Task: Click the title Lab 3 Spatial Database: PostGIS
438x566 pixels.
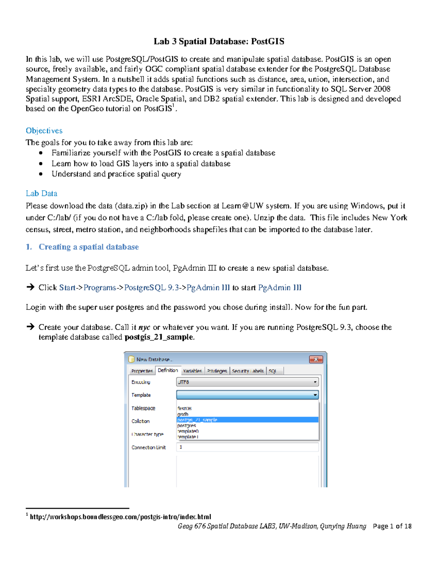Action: [219, 42]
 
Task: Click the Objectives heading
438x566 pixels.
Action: [44, 131]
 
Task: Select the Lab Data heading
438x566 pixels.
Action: [41, 194]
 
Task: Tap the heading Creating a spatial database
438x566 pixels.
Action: [89, 247]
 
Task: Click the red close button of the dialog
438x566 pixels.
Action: [316, 360]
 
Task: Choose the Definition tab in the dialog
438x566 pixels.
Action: [168, 371]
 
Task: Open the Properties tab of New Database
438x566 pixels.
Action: [142, 371]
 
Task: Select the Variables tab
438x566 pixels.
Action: [192, 371]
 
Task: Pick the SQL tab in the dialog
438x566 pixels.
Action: [273, 371]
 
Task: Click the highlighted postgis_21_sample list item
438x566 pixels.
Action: [197, 420]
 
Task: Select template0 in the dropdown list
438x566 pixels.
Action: [188, 431]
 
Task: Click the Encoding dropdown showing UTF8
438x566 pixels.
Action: [247, 382]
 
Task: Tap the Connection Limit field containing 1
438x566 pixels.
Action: [247, 447]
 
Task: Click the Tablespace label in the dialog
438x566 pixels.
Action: [143, 408]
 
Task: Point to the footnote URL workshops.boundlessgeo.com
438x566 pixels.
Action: [120, 517]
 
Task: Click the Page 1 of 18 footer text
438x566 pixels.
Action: [392, 526]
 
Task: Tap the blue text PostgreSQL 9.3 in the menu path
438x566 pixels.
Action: [152, 288]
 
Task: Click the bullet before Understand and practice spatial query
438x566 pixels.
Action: [41, 174]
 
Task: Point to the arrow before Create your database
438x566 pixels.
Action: [30, 327]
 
